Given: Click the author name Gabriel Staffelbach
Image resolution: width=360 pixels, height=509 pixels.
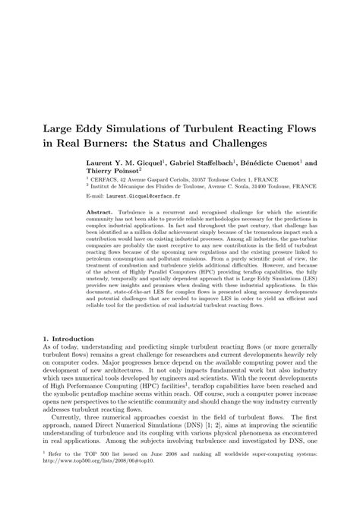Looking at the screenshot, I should tap(197, 163).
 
